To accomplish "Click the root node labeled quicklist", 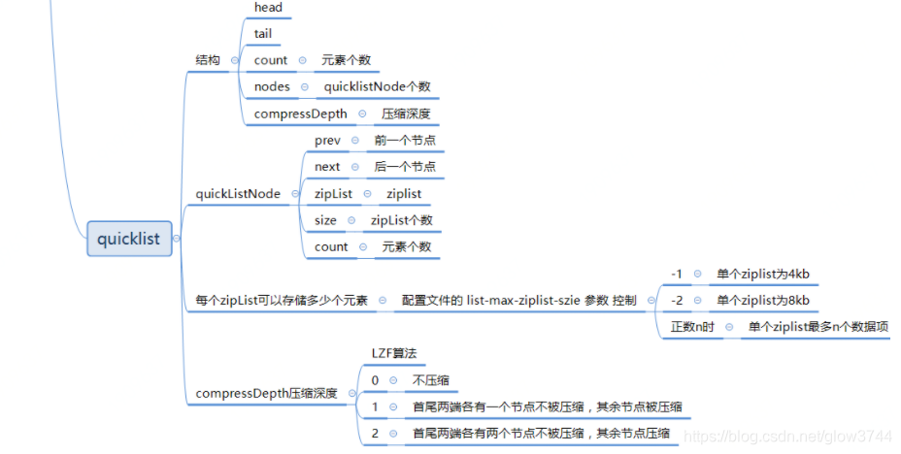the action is (x=129, y=237).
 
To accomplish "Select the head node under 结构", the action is (x=268, y=8).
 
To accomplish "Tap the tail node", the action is (x=263, y=34).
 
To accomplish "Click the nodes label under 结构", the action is (x=272, y=86).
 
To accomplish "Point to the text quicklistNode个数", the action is (x=377, y=86).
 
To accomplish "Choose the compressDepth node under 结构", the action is (x=300, y=113).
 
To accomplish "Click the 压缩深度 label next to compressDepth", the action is (x=406, y=113).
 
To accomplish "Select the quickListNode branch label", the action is (x=238, y=194).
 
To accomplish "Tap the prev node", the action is (x=327, y=141).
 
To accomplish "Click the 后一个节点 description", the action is (x=405, y=167).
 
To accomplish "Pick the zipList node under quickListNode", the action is (x=333, y=194).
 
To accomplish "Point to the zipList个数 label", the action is (x=402, y=220).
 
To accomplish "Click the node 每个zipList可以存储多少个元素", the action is (x=282, y=301).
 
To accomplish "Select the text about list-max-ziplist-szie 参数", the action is (x=519, y=301).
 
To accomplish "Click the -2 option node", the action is (x=677, y=301).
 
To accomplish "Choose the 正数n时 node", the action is (x=692, y=327).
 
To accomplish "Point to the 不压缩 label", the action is (x=430, y=380).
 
